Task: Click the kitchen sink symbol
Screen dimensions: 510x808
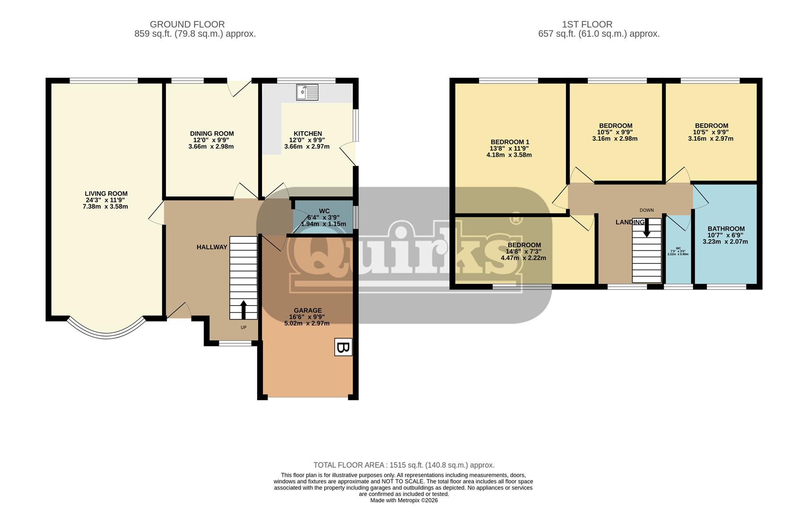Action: pos(307,92)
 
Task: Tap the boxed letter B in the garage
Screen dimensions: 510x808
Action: pos(343,347)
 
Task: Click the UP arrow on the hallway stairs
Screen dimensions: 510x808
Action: pos(243,310)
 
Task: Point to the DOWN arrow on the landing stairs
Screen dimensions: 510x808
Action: pos(646,229)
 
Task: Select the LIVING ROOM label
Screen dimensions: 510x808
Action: pos(106,194)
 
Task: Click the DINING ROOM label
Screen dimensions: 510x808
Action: pos(212,134)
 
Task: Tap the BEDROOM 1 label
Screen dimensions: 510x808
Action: pos(510,142)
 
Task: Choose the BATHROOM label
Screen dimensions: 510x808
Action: pos(726,229)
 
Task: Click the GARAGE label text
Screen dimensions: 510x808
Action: pos(307,310)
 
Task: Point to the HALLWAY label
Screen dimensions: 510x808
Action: pos(212,247)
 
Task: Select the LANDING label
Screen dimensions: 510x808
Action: pos(629,222)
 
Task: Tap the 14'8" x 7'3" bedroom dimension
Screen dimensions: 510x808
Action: pos(524,252)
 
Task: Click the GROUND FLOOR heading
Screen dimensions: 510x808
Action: pos(187,24)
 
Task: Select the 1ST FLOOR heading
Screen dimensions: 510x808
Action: pos(587,24)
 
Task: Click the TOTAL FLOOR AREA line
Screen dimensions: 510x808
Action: pos(404,465)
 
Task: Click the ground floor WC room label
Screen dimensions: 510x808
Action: pos(324,211)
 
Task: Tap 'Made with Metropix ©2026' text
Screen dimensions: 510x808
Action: pos(404,500)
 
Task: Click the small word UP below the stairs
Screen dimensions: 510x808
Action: pos(243,327)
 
